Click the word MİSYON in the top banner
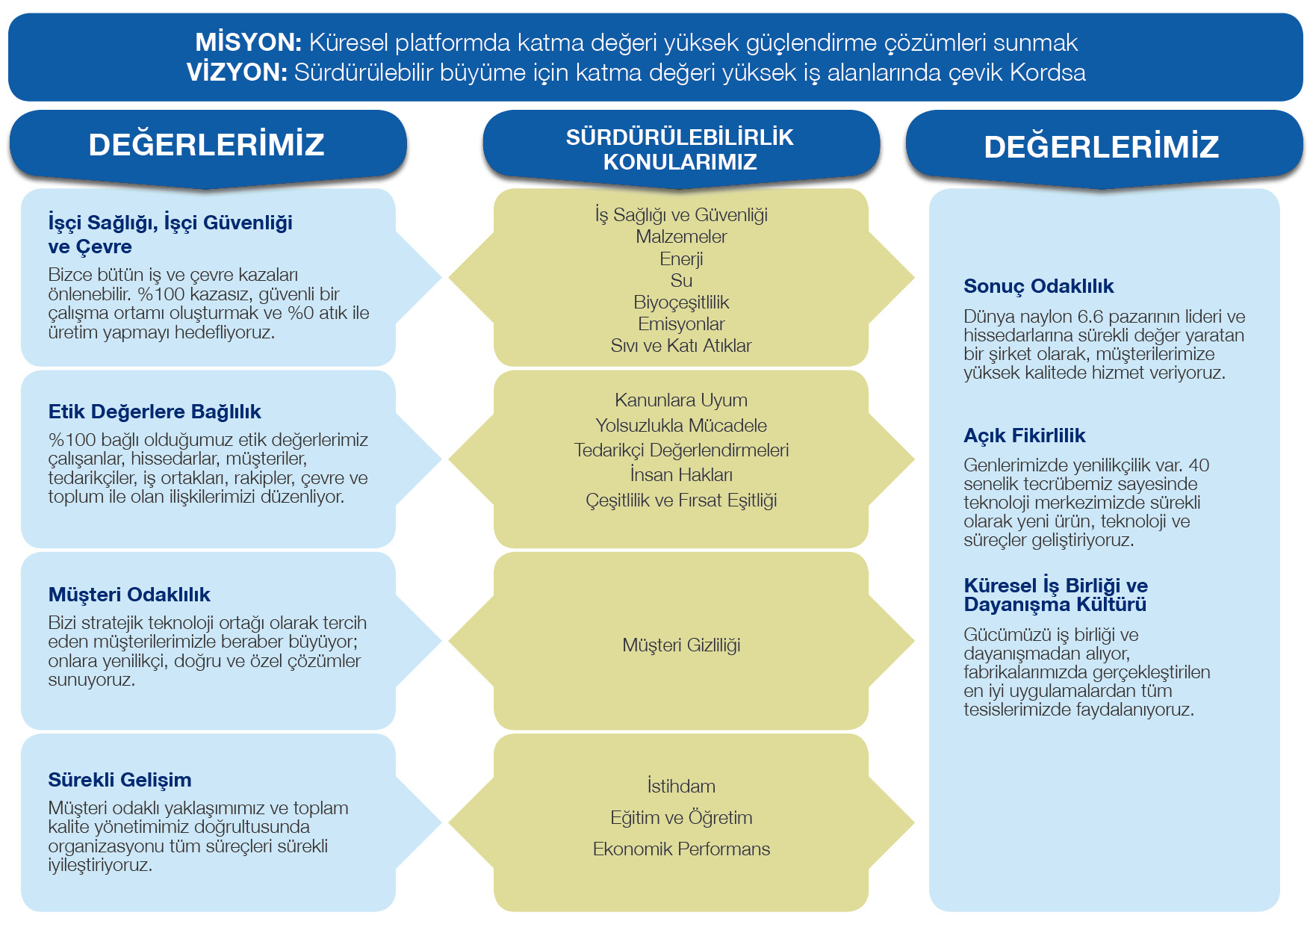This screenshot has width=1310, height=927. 248,43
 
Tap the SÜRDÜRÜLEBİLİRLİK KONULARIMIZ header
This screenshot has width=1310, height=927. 680,149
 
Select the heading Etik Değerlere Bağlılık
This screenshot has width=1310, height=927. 155,412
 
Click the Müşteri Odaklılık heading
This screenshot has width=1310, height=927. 129,595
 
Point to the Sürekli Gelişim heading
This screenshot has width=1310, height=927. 119,780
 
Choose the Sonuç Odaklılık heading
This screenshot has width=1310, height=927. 1038,286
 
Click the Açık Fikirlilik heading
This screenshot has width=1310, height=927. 1024,435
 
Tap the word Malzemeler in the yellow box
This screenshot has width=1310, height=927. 681,237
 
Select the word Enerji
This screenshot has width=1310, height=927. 681,259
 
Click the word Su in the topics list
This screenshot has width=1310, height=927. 681,280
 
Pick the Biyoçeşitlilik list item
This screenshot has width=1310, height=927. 681,303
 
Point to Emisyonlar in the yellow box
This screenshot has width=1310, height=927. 681,323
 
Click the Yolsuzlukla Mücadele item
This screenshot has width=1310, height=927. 681,425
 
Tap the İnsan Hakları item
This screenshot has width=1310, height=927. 681,474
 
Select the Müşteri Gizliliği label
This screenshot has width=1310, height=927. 681,645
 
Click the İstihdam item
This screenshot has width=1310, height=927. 681,786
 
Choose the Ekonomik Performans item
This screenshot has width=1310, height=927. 681,849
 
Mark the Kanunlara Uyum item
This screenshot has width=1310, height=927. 681,400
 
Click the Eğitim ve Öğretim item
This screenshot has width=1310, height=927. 681,817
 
